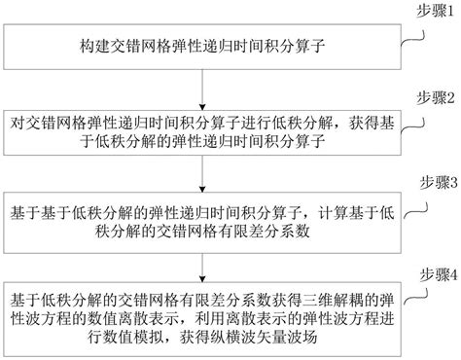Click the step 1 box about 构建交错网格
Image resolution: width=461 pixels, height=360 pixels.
(x=201, y=46)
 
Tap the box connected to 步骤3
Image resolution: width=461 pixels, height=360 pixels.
(x=201, y=220)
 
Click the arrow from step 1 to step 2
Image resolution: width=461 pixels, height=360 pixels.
(x=201, y=89)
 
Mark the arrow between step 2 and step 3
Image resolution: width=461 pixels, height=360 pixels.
(x=201, y=175)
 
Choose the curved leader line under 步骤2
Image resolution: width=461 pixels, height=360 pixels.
(x=412, y=123)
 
